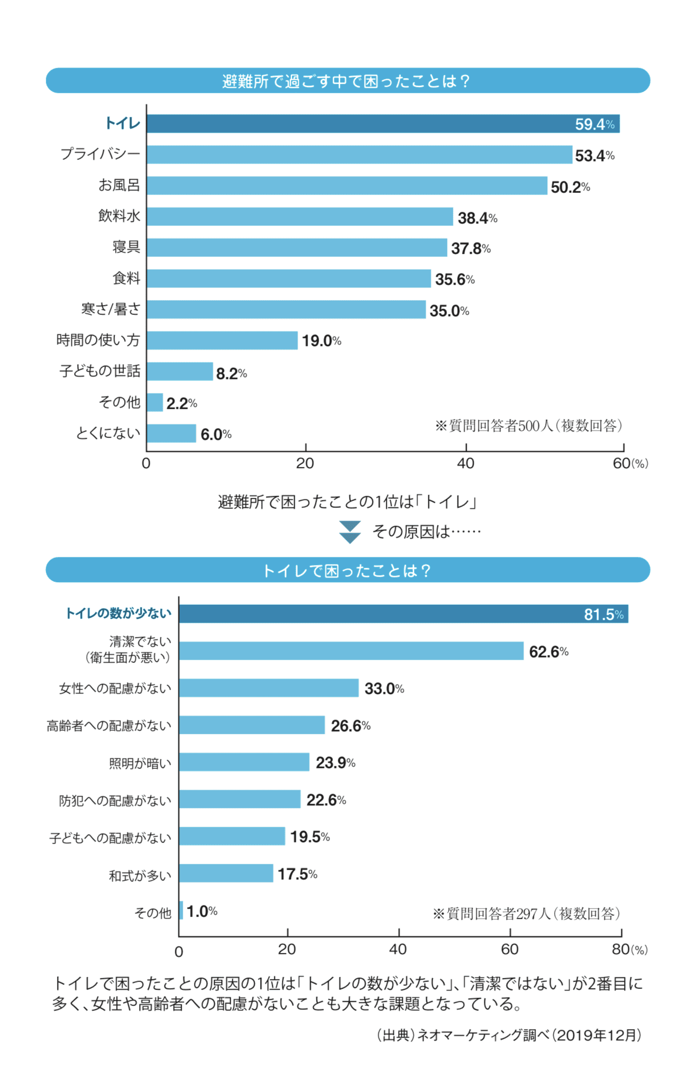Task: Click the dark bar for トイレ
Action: pyautogui.click(x=383, y=124)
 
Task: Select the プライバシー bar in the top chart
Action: pyautogui.click(x=359, y=155)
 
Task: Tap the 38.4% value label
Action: pyautogui.click(x=477, y=218)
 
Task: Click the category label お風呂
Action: pyautogui.click(x=119, y=185)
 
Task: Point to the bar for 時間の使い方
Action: pyautogui.click(x=222, y=340)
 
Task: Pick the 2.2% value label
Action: pyautogui.click(x=181, y=404)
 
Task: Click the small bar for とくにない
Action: pyautogui.click(x=171, y=433)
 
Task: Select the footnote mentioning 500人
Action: pyautogui.click(x=529, y=426)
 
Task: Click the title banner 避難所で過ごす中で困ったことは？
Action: pyautogui.click(x=347, y=81)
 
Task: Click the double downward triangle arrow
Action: pyautogui.click(x=350, y=532)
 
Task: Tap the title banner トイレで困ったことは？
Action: pyautogui.click(x=347, y=571)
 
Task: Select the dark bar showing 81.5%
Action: pyautogui.click(x=403, y=614)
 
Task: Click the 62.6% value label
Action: pyautogui.click(x=548, y=652)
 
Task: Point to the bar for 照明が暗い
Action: pyautogui.click(x=244, y=762)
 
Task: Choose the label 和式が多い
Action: pyautogui.click(x=140, y=875)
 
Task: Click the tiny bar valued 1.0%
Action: pyautogui.click(x=181, y=910)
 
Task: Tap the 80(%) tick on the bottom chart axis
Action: pyautogui.click(x=629, y=950)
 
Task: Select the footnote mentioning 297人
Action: pyautogui.click(x=526, y=914)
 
